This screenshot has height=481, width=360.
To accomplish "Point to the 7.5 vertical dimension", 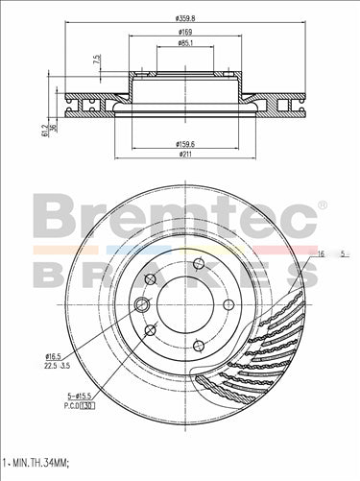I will pos(97,60).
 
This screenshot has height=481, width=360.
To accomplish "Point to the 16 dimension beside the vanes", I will pos(321,253).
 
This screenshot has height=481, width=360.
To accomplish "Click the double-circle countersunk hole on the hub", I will pos(143,305).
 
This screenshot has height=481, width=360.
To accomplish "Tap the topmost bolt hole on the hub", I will pos(198,265).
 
